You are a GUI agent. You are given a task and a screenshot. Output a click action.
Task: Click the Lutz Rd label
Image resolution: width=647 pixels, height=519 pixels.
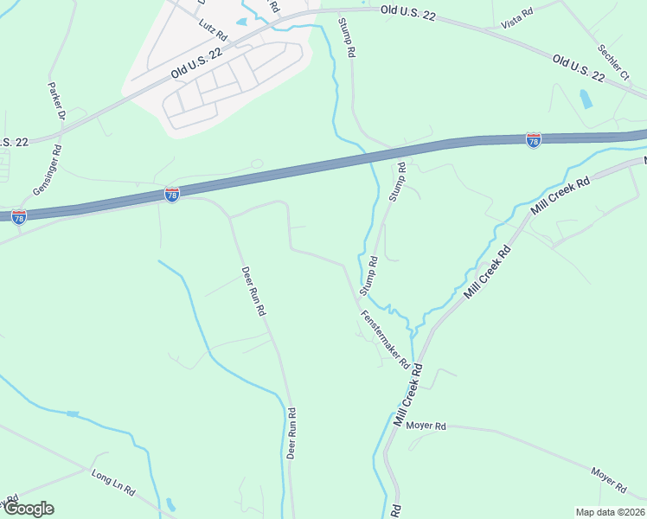pos(212,31)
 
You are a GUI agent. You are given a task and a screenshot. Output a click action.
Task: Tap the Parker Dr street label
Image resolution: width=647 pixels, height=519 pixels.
pos(55,101)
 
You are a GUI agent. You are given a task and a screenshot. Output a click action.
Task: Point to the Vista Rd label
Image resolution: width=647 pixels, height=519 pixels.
pos(516,16)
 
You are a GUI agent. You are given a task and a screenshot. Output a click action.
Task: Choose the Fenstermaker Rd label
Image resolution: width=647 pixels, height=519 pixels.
pos(384,339)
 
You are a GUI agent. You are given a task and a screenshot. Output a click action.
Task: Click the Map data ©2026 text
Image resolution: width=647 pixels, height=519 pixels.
pos(609,511)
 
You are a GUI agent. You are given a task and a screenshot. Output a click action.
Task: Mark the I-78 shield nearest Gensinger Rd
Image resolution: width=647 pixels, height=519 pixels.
pos(19,215)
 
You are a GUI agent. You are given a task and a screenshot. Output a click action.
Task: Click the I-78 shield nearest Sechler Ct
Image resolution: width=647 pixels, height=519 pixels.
pos(534,139)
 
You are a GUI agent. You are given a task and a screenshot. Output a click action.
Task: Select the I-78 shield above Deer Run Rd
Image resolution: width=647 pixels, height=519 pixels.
pos(172,195)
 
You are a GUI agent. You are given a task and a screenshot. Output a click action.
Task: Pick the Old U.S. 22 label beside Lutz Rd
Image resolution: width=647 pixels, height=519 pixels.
pos(196,63)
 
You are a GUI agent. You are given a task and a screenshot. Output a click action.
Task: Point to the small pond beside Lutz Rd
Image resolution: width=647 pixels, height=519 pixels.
pos(240,22)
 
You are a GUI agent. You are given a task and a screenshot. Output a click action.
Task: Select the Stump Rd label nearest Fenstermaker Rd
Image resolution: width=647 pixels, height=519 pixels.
pos(368,273)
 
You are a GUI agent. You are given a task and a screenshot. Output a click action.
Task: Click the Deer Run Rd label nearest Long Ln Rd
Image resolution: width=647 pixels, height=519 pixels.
pos(291,432)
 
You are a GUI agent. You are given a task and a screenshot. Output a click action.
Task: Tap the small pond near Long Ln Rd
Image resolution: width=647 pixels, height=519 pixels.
pos(170,503)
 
